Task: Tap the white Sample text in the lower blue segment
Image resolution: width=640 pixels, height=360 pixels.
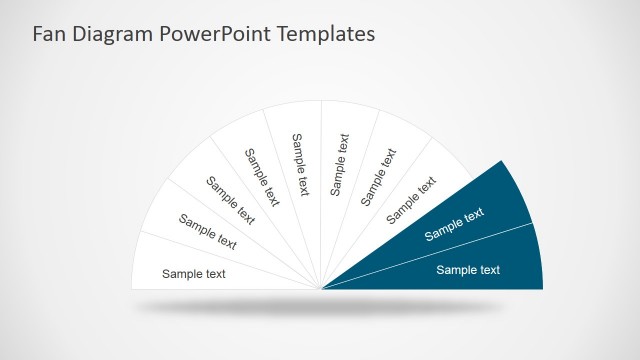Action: coord(468,269)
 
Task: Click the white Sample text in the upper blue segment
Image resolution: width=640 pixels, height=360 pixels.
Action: coord(454,224)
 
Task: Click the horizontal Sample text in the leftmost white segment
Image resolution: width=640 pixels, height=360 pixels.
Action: coord(194,273)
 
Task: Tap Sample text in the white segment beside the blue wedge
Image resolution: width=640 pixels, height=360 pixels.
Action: coord(412,199)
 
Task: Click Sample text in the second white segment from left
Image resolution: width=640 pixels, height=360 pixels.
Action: coord(208,231)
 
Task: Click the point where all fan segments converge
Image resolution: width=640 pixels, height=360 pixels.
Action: coord(321,289)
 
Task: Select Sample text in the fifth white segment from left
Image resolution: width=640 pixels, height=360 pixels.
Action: coord(340,165)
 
